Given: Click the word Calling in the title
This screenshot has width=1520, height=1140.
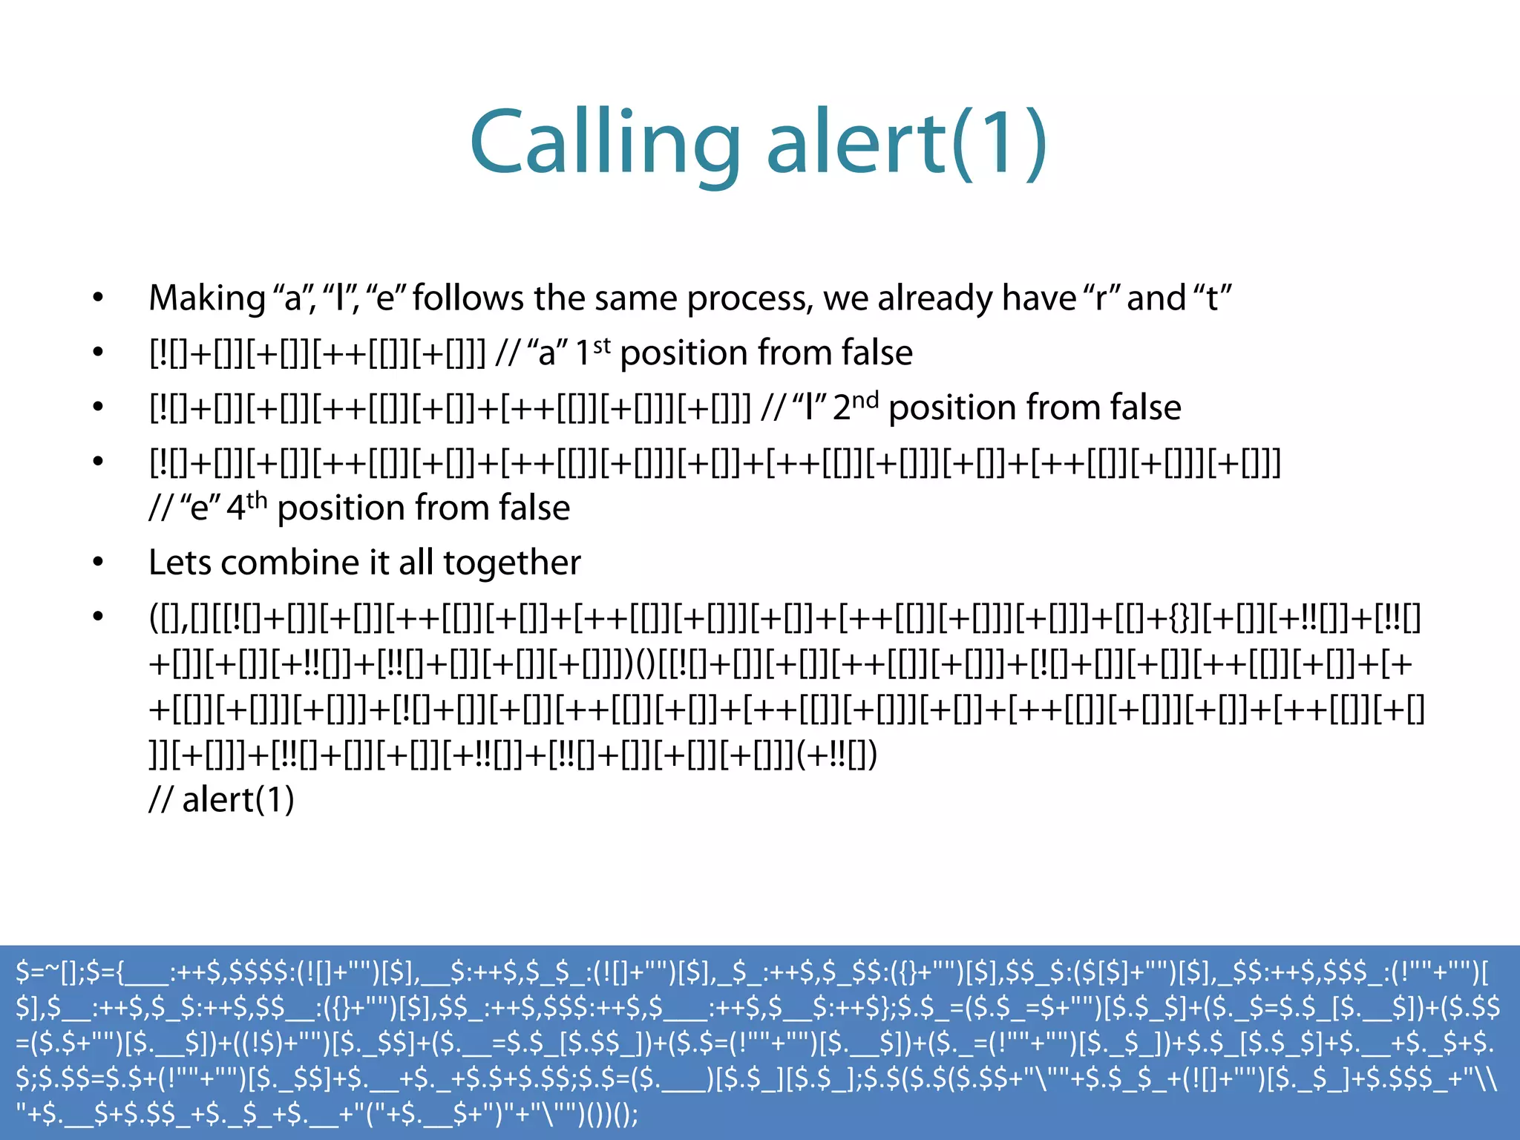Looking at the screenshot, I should pyautogui.click(x=605, y=143).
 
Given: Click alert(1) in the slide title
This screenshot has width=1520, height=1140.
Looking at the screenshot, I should pyautogui.click(x=906, y=143).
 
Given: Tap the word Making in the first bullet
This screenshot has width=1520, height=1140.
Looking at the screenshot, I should pyautogui.click(x=207, y=298).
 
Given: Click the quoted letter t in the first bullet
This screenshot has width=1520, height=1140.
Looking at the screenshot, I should pyautogui.click(x=1212, y=298).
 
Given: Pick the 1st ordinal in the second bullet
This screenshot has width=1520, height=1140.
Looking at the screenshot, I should pyautogui.click(x=593, y=352).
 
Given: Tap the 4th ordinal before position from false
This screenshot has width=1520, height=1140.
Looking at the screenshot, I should pyautogui.click(x=246, y=507).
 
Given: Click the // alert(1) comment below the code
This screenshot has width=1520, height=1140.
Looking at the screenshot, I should pyautogui.click(x=222, y=799).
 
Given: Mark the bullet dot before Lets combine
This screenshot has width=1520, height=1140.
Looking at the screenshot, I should pyautogui.click(x=98, y=563).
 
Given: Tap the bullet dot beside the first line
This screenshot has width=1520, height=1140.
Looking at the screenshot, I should pyautogui.click(x=98, y=298).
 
